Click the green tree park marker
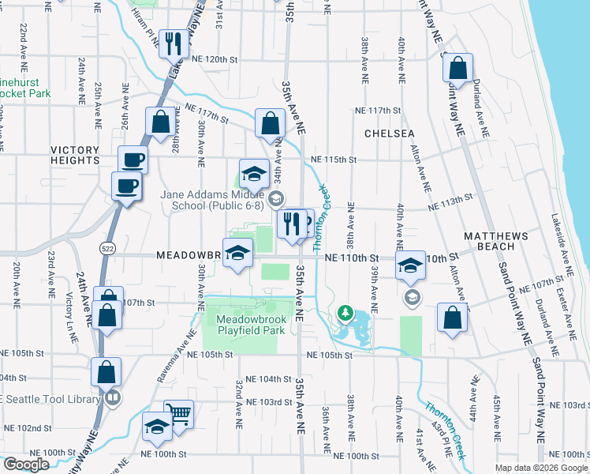coord(345,314)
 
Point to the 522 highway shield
coord(106,248)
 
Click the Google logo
coord(26,465)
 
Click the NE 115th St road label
coord(334,159)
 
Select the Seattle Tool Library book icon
coord(114,397)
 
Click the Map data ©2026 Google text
coord(540,468)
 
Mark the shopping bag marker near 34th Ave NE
coord(270,123)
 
